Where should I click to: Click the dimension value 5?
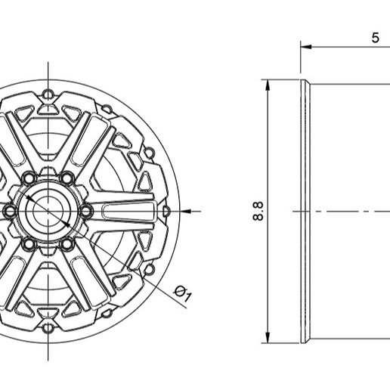(375, 38)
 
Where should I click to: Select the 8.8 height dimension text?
(258, 211)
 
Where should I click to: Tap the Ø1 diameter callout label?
(183, 293)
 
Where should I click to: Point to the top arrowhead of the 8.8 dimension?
(268, 85)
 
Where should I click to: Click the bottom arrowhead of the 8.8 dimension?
(268, 338)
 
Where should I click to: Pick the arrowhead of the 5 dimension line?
(306, 47)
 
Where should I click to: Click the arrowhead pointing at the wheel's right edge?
(186, 212)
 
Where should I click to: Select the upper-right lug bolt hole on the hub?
(67, 178)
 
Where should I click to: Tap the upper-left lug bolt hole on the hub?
(29, 178)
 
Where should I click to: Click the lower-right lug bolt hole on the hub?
(67, 243)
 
